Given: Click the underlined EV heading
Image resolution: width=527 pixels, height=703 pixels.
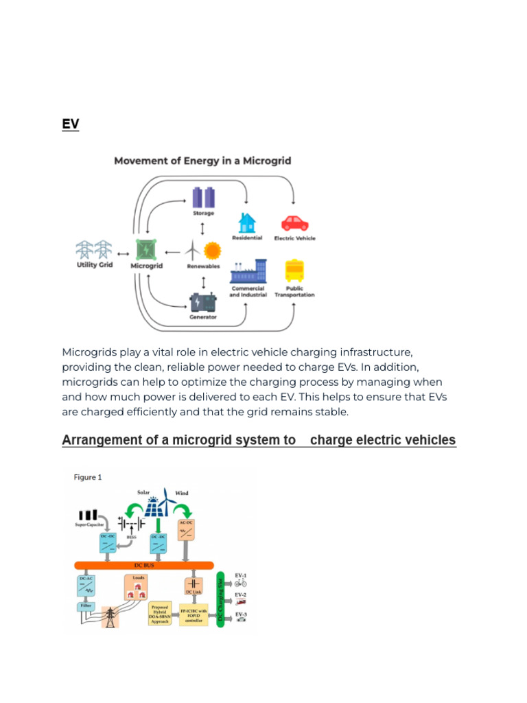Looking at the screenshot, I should [x=70, y=124].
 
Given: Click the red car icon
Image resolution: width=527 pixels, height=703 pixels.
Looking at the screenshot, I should [x=295, y=223].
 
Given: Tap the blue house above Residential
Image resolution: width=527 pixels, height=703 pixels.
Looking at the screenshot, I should [x=247, y=222].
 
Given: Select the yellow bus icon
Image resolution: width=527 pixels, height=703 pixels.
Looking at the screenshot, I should [x=295, y=271].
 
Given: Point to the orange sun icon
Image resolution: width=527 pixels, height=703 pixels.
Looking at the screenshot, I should [x=212, y=249].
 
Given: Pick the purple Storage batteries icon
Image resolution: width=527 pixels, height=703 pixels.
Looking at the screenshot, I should [x=203, y=197].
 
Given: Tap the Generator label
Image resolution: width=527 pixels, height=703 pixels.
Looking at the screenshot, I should [x=203, y=317].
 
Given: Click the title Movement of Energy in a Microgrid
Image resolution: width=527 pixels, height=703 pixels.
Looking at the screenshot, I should [x=202, y=161].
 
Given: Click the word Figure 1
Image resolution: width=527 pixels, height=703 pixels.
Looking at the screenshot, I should [x=88, y=478].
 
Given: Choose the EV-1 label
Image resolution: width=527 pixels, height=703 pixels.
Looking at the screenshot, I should [x=240, y=575].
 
